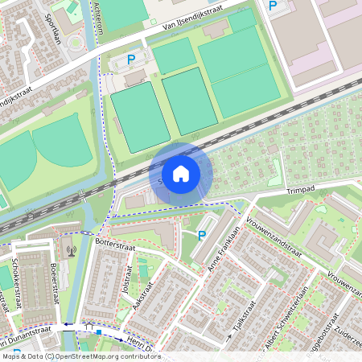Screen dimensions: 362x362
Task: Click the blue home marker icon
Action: [x=181, y=174]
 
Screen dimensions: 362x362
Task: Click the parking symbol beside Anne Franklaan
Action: [x=202, y=236]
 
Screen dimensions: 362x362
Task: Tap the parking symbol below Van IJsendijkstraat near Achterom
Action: [x=131, y=59]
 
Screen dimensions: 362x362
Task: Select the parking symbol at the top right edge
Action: [x=273, y=6]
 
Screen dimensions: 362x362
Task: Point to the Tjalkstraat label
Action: [x=234, y=323]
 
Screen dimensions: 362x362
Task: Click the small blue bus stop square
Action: [x=98, y=331]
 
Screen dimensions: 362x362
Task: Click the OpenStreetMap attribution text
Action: [x=81, y=356]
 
